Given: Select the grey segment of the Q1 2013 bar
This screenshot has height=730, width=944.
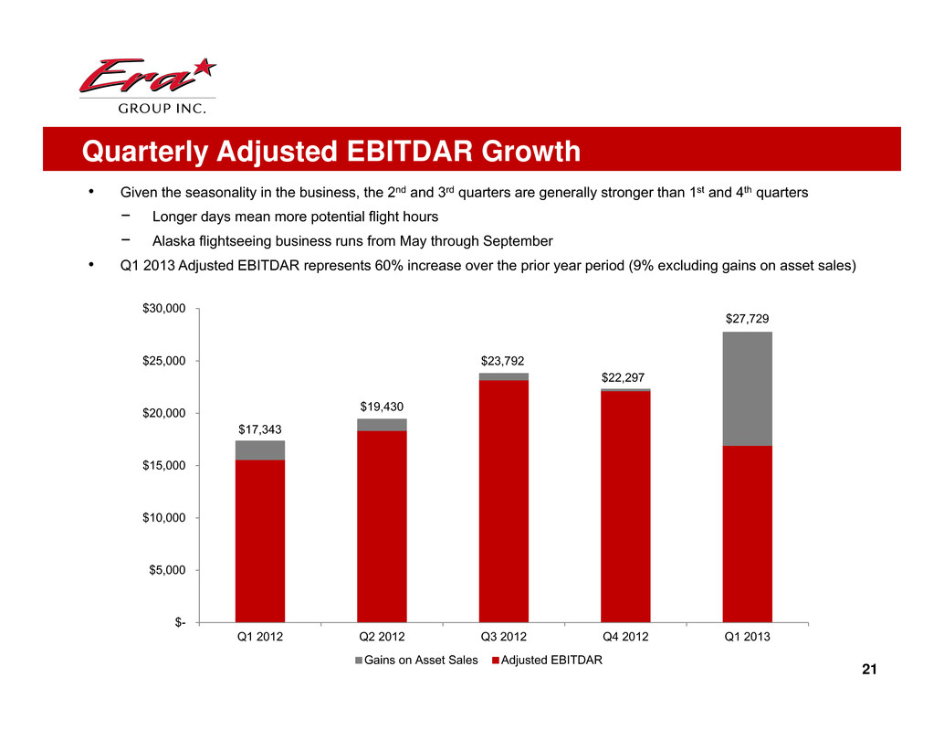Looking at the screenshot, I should [x=747, y=388].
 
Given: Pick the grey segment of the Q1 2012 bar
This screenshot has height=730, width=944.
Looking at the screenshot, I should [x=259, y=450].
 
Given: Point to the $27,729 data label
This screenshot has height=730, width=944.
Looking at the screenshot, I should [x=747, y=319].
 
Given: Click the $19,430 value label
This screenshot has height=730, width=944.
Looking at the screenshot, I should [x=382, y=406].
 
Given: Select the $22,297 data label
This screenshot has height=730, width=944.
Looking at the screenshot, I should [x=625, y=376].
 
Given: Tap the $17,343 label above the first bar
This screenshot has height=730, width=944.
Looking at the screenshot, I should [x=259, y=428].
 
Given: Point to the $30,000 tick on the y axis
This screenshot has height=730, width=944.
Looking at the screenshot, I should [x=163, y=309].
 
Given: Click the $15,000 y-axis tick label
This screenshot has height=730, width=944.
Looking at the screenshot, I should [x=163, y=466].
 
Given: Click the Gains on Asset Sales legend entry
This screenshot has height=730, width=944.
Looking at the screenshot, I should [x=417, y=661].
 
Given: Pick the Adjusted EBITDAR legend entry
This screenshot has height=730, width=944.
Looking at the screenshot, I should [x=548, y=661].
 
